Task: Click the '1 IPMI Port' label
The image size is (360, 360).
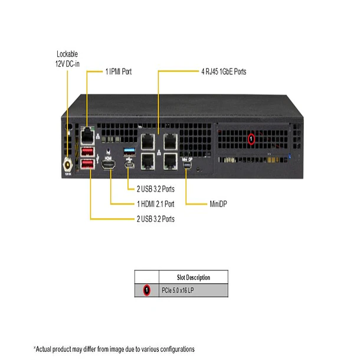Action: pyautogui.click(x=119, y=72)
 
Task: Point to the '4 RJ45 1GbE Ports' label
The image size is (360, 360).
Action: pyautogui.click(x=224, y=72)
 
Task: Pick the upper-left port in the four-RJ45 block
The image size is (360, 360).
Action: pyautogui.click(x=146, y=140)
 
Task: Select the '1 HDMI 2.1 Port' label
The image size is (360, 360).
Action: pyautogui.click(x=155, y=204)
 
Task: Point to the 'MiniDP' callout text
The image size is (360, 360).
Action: pyautogui.click(x=218, y=204)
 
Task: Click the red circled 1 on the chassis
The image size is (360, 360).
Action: pyautogui.click(x=251, y=139)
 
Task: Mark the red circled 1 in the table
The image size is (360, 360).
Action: pyautogui.click(x=146, y=290)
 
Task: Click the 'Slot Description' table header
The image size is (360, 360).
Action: pyautogui.click(x=194, y=277)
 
